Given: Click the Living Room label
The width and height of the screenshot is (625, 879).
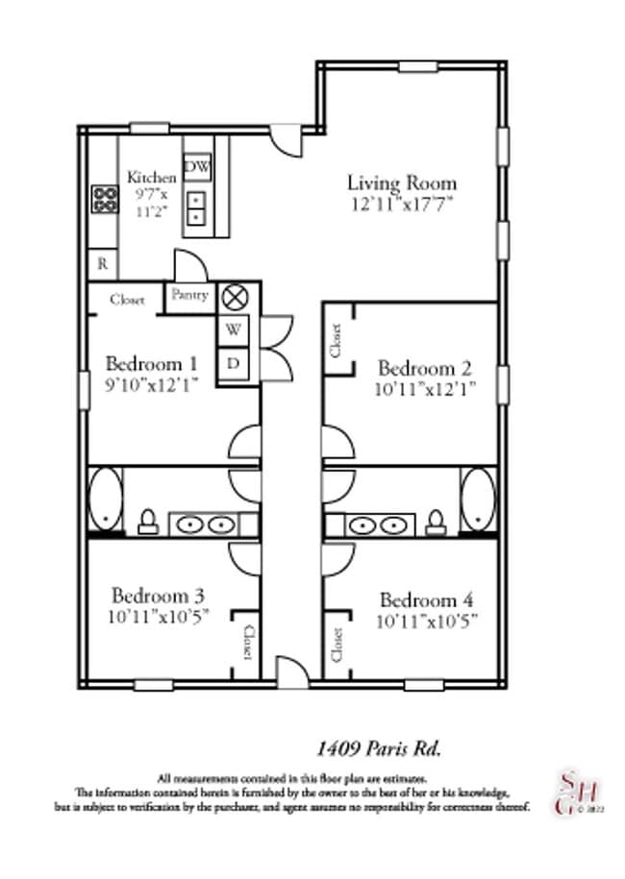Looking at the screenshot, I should click(401, 183).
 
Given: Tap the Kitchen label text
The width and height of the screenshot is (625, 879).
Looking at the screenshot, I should click(152, 178).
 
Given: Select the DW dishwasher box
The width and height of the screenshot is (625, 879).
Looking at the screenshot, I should click(197, 168).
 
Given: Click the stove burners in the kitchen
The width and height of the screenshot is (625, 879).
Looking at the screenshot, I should click(103, 199).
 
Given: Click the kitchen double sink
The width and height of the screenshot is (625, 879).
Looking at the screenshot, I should click(197, 208).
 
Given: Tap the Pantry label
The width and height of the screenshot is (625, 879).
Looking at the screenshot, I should click(189, 296).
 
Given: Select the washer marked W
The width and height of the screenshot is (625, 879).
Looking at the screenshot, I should click(234, 330).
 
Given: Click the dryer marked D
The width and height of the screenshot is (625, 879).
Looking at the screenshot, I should click(234, 363).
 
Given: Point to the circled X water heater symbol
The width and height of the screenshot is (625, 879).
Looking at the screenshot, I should click(234, 298).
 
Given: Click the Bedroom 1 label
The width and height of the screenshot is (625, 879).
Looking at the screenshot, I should click(152, 364).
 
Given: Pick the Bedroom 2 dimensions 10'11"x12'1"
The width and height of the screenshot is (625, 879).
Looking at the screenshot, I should click(426, 390).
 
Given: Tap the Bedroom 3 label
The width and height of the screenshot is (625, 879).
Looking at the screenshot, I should click(157, 595).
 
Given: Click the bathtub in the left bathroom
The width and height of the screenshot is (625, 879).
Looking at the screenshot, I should click(105, 499).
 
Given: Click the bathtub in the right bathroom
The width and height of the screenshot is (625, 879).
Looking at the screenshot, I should click(477, 499).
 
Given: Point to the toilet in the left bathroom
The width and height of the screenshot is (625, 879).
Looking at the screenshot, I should click(147, 522).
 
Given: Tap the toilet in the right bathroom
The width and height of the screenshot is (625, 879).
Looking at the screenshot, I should click(436, 522).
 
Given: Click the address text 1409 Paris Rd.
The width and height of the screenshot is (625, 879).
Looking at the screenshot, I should click(379, 747).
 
